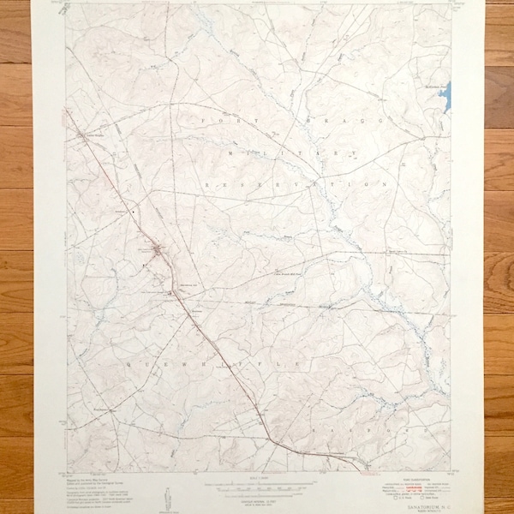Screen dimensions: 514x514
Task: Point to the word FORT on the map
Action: pos(212,121)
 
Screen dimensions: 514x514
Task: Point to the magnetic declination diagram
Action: pos(166,495)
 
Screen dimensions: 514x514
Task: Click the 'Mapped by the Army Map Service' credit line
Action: pos(84,475)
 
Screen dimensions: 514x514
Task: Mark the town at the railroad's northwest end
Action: pos(83,134)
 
